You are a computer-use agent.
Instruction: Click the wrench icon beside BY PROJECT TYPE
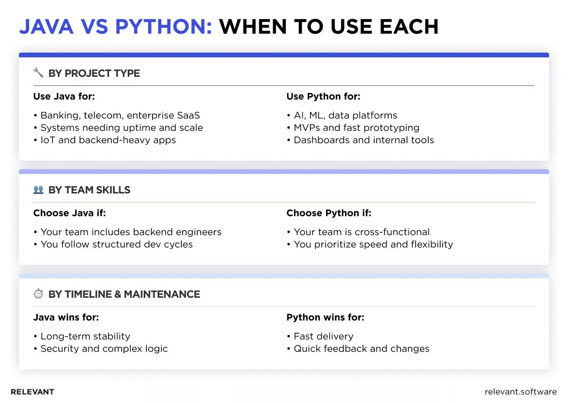(38, 73)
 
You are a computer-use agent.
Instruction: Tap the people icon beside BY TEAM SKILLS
(38, 190)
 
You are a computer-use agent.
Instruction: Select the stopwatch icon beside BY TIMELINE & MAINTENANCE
(38, 294)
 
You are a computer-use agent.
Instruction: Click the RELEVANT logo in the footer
(32, 392)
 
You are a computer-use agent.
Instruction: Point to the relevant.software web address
(521, 392)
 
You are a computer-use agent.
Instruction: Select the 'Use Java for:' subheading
(64, 97)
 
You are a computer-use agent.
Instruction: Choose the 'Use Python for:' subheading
(323, 97)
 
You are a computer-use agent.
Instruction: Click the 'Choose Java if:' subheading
(70, 213)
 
